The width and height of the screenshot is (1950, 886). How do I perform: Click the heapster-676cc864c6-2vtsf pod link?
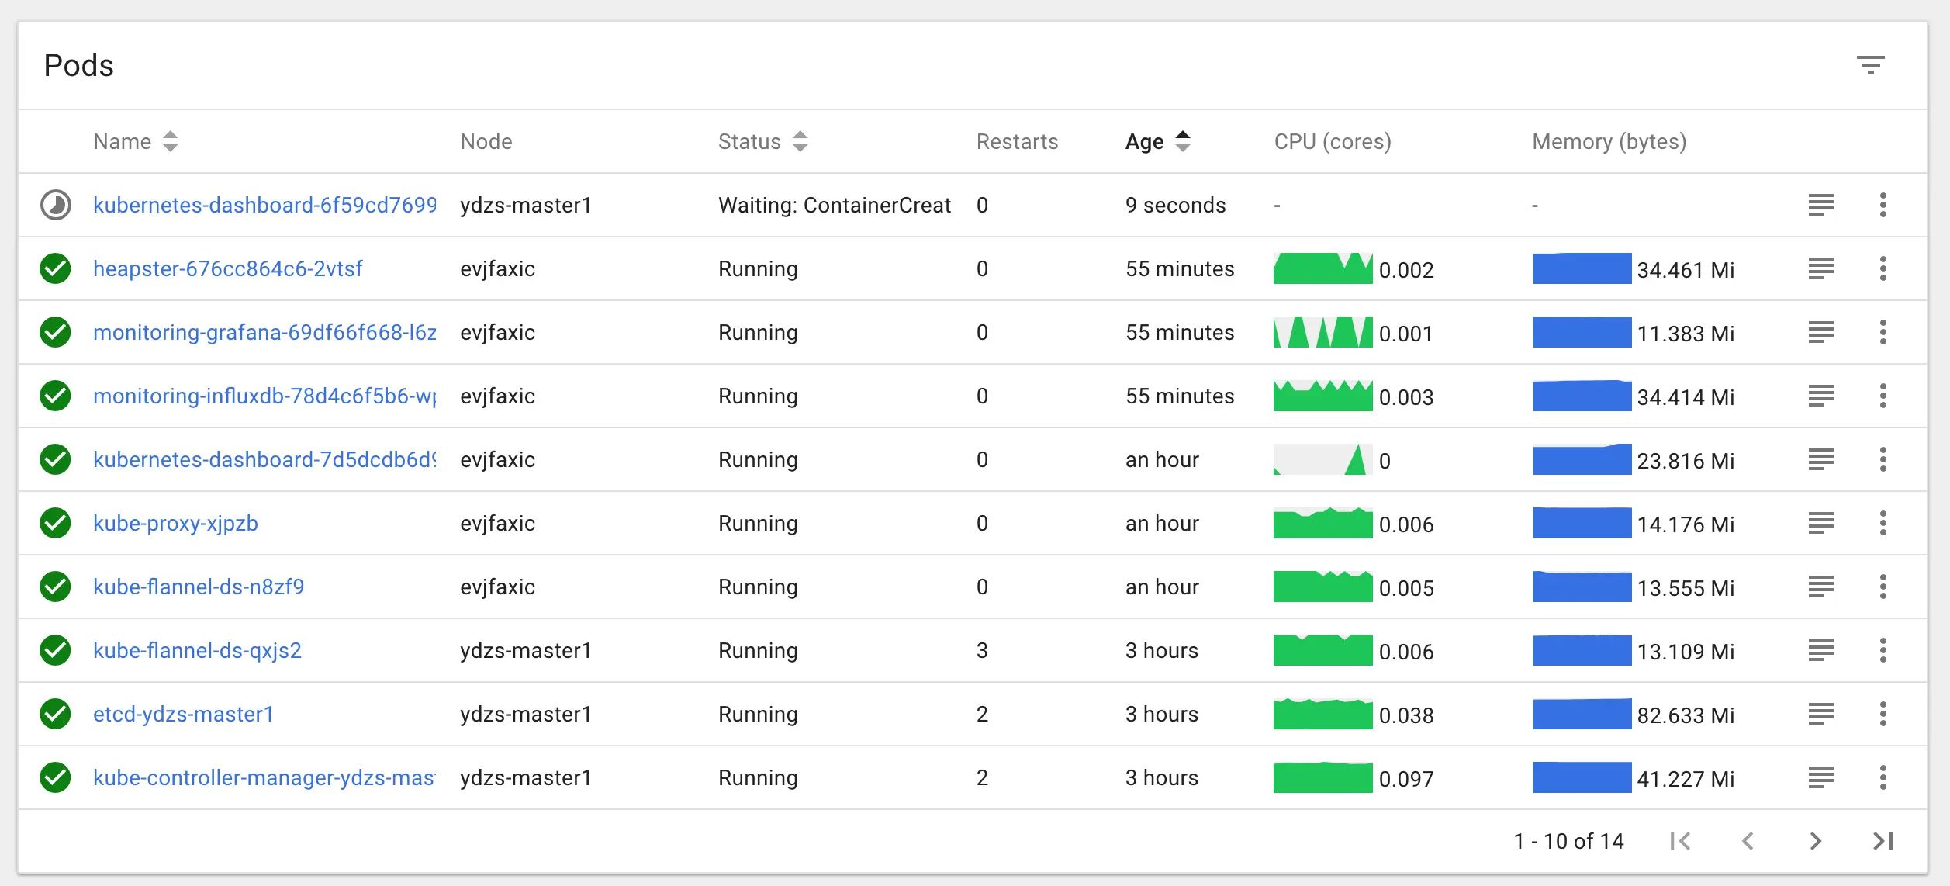click(227, 269)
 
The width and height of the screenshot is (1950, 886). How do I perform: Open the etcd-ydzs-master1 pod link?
click(183, 715)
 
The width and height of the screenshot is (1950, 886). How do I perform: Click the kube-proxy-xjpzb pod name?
click(175, 524)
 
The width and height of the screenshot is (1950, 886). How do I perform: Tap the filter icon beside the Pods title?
click(1870, 65)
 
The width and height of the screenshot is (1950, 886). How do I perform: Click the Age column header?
click(1145, 142)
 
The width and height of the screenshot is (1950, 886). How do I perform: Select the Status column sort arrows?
click(800, 142)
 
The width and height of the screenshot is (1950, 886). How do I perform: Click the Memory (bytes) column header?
click(1609, 142)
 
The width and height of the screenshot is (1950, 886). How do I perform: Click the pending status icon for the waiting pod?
click(56, 206)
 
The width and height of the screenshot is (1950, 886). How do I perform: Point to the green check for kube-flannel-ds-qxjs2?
click(56, 651)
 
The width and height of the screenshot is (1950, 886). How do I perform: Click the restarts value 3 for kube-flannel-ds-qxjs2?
click(982, 651)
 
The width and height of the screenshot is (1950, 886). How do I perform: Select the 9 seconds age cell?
click(1175, 206)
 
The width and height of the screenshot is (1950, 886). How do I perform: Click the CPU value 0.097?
click(1405, 779)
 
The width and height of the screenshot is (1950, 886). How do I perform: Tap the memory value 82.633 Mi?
click(1685, 715)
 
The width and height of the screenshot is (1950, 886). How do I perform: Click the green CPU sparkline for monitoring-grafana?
click(1322, 333)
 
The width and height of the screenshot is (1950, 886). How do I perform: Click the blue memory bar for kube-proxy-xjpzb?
click(1581, 524)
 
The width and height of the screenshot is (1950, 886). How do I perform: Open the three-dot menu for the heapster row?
click(1883, 269)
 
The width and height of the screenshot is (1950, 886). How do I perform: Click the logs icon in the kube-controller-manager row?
click(1820, 778)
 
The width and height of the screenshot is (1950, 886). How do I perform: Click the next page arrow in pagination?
click(1815, 841)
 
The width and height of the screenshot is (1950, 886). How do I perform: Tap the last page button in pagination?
click(1883, 841)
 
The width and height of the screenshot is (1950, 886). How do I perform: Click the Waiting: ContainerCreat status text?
click(834, 206)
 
